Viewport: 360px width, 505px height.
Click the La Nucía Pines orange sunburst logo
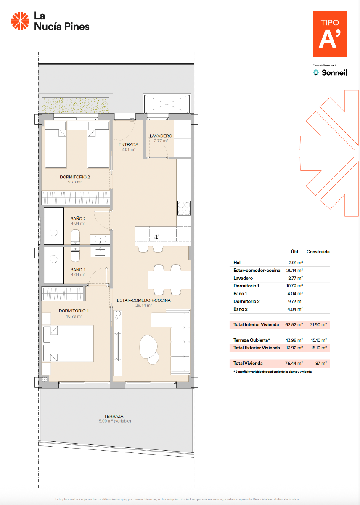pos(19,21)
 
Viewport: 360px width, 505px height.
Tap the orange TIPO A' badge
pos(330,34)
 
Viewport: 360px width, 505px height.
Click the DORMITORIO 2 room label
pos(75,177)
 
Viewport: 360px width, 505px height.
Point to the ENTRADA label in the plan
pos(129,145)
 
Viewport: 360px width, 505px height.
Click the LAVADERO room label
pos(161,136)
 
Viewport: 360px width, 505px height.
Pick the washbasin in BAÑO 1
pos(101,252)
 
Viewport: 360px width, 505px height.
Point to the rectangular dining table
pos(169,279)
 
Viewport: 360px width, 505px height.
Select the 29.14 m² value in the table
pos(294,271)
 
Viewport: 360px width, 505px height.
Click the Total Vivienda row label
pos(248,363)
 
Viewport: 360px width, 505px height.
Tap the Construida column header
pos(318,252)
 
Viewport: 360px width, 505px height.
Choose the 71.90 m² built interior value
pos(318,325)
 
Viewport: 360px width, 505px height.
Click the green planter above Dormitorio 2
pos(76,105)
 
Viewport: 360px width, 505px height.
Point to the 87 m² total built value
pos(321,363)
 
